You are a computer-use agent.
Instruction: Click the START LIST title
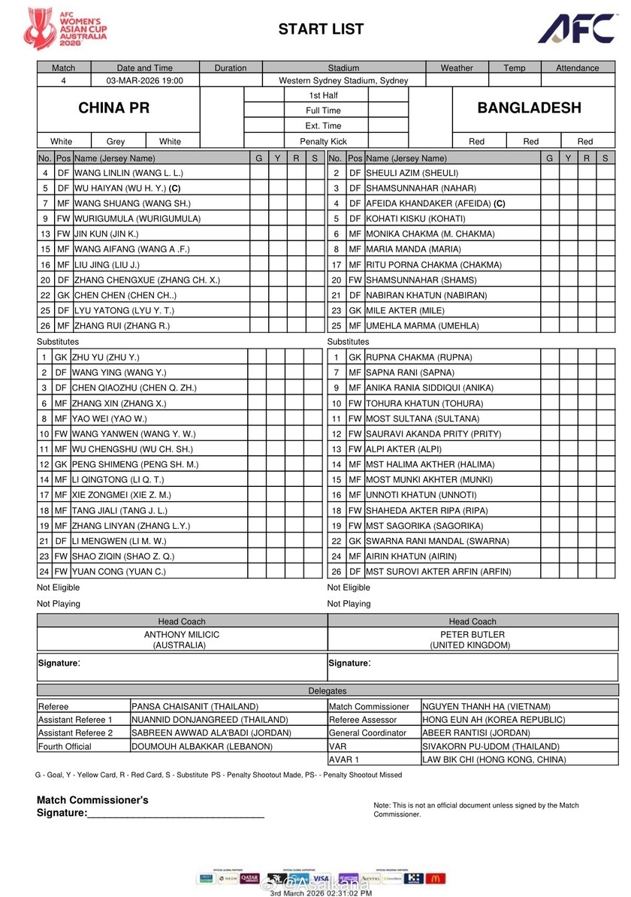[321, 29]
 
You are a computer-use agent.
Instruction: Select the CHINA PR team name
[114, 108]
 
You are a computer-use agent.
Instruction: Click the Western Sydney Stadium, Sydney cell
[343, 80]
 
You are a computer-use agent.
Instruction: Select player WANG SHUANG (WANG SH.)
[131, 204]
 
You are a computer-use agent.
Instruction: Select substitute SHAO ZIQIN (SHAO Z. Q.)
[124, 556]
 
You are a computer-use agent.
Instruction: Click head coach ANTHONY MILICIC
[182, 635]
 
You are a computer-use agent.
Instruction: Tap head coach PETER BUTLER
[472, 635]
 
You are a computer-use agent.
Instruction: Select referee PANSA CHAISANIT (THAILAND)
[195, 706]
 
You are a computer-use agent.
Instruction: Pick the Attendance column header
[577, 68]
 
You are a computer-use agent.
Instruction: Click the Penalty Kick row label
[324, 141]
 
